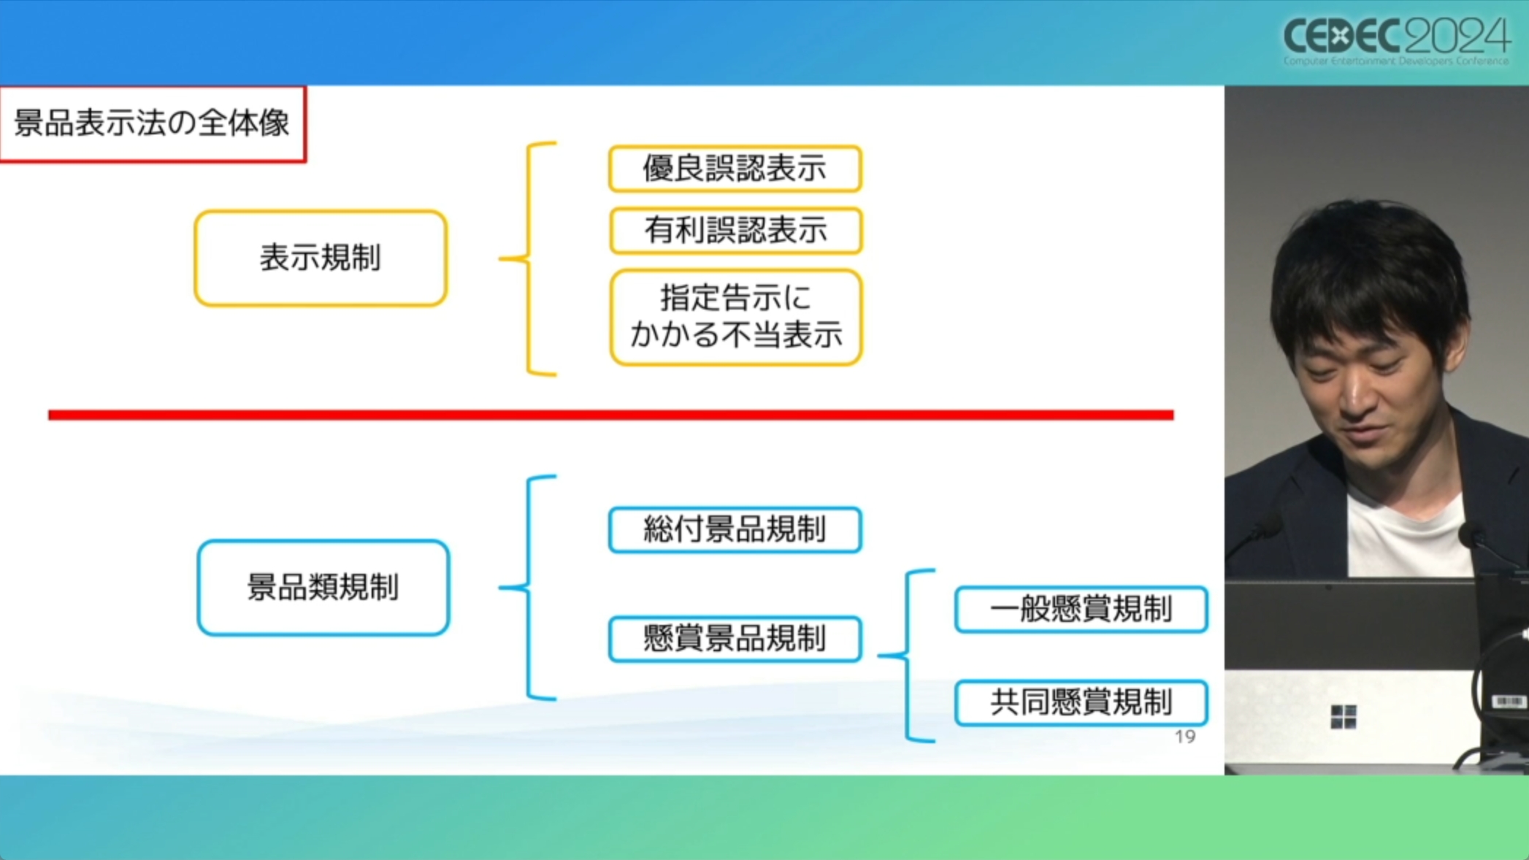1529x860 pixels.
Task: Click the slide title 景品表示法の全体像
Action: (x=152, y=123)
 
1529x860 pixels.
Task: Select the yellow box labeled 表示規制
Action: (x=321, y=258)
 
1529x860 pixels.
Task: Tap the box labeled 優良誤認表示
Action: (x=735, y=169)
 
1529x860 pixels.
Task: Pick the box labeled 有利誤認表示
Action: (x=735, y=231)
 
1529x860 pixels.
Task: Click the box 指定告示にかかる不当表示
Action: (x=735, y=317)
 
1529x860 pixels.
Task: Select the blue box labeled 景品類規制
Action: (x=323, y=588)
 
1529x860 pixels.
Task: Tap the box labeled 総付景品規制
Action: (x=735, y=530)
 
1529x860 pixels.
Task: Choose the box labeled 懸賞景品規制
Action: (x=735, y=639)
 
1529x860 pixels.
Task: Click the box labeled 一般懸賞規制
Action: (x=1081, y=609)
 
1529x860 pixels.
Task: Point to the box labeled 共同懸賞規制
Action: (x=1081, y=702)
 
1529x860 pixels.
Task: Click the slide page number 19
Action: (x=1184, y=737)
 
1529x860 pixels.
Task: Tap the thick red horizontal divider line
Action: (x=610, y=415)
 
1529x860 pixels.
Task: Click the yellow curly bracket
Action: (x=529, y=258)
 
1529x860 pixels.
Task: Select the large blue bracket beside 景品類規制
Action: (x=529, y=588)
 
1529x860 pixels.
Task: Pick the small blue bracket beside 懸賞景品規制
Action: (x=908, y=656)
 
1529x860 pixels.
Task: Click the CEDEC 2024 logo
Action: (x=1395, y=40)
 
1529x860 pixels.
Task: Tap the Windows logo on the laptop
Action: (x=1343, y=716)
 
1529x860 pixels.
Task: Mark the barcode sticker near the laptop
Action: (x=1508, y=702)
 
